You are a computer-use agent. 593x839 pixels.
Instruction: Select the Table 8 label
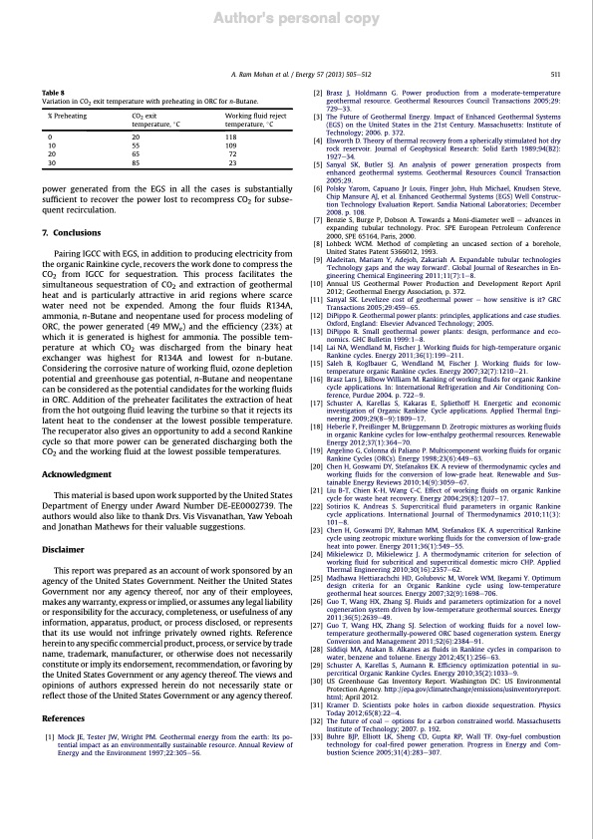coord(53,92)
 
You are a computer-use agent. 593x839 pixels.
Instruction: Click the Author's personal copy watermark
coord(296,20)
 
